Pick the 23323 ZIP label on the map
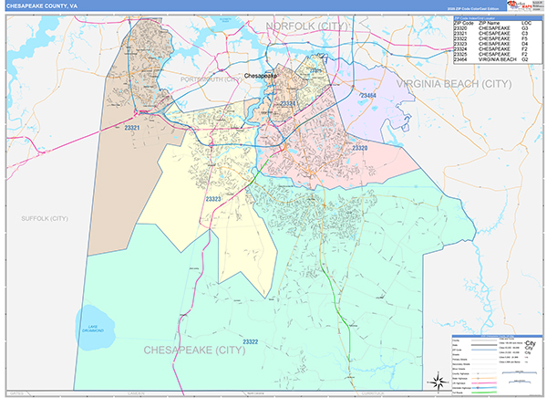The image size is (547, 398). pyautogui.click(x=215, y=198)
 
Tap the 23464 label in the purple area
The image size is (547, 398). pyautogui.click(x=368, y=95)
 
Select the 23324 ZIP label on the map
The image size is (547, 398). pyautogui.click(x=288, y=104)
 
